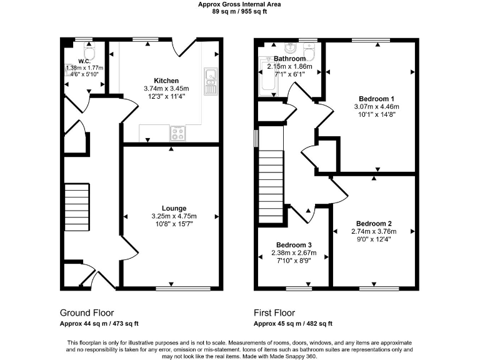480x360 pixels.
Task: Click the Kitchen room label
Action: coord(166,81)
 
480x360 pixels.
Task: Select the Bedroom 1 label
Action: coord(376,98)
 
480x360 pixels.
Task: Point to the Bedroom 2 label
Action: coord(374,223)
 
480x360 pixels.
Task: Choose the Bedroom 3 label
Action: coord(294,244)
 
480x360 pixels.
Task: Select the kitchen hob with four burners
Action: coord(177,133)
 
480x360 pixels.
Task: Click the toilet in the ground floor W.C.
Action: coord(89,50)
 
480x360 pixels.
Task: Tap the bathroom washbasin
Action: coord(290,47)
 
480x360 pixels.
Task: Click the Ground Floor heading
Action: coord(87,312)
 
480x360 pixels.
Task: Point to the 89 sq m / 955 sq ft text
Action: coord(239,11)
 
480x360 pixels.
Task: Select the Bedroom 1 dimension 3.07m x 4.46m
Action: coord(376,106)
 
